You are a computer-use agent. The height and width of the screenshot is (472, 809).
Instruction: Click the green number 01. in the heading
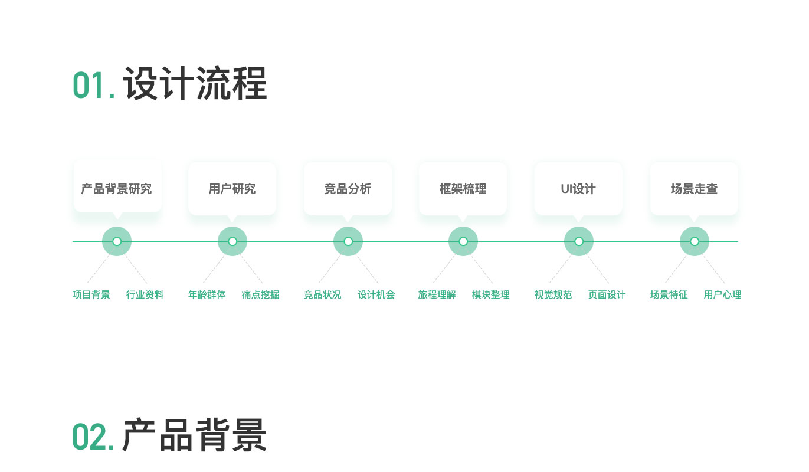pyautogui.click(x=93, y=85)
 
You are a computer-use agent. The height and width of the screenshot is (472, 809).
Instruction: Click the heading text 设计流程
pyautogui.click(x=195, y=84)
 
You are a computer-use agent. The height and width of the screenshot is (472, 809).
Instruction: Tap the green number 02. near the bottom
pyautogui.click(x=93, y=437)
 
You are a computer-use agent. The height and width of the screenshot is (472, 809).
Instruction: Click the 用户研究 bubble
pyautogui.click(x=232, y=189)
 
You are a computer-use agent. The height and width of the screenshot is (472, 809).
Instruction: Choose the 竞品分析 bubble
pyautogui.click(x=348, y=189)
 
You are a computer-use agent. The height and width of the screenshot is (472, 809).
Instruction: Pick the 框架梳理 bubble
pyautogui.click(x=463, y=189)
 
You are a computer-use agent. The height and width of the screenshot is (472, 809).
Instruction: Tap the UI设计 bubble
pyautogui.click(x=578, y=189)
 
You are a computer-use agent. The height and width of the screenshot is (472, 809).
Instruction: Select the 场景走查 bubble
pyautogui.click(x=694, y=189)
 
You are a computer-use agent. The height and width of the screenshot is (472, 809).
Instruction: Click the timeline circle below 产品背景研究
pyautogui.click(x=117, y=241)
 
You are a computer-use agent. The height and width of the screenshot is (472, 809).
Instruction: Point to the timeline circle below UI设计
pyautogui.click(x=579, y=241)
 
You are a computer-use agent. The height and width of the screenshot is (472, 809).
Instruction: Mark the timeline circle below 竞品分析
pyautogui.click(x=348, y=241)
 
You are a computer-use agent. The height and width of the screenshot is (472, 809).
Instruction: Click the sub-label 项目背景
pyautogui.click(x=91, y=294)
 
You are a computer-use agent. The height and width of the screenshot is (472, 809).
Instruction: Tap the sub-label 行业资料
pyautogui.click(x=145, y=294)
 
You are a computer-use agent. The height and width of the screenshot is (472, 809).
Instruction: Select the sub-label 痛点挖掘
pyautogui.click(x=260, y=294)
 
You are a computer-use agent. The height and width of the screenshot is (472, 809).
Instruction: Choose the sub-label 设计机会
pyautogui.click(x=376, y=294)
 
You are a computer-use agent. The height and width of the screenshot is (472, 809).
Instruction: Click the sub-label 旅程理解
pyautogui.click(x=437, y=294)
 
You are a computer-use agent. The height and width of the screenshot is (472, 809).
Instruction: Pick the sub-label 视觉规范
pyautogui.click(x=553, y=294)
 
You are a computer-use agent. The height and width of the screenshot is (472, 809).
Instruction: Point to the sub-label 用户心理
pyautogui.click(x=722, y=294)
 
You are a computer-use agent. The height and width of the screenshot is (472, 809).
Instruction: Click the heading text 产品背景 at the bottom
pyautogui.click(x=195, y=435)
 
